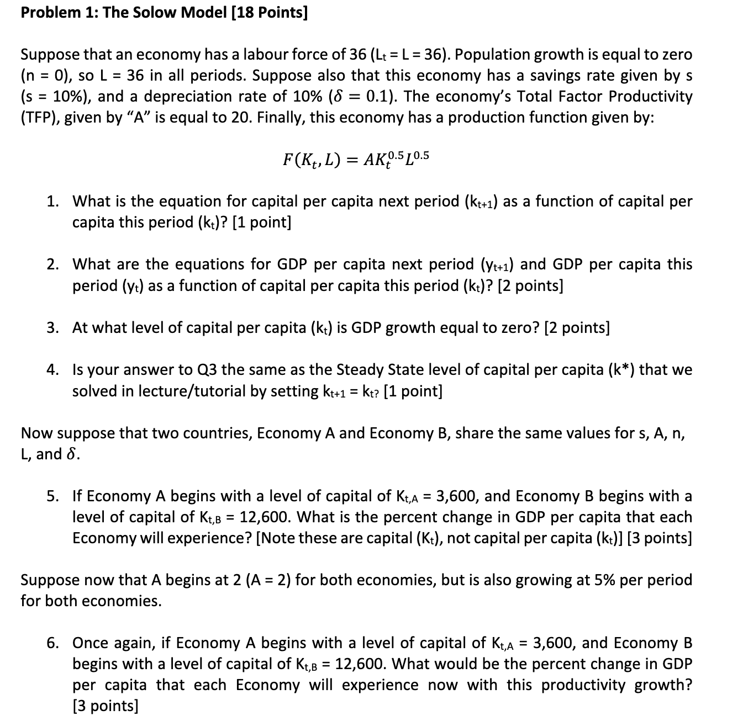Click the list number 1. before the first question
click(x=53, y=202)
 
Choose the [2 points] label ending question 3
click(x=577, y=328)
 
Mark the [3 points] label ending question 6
click(x=106, y=706)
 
